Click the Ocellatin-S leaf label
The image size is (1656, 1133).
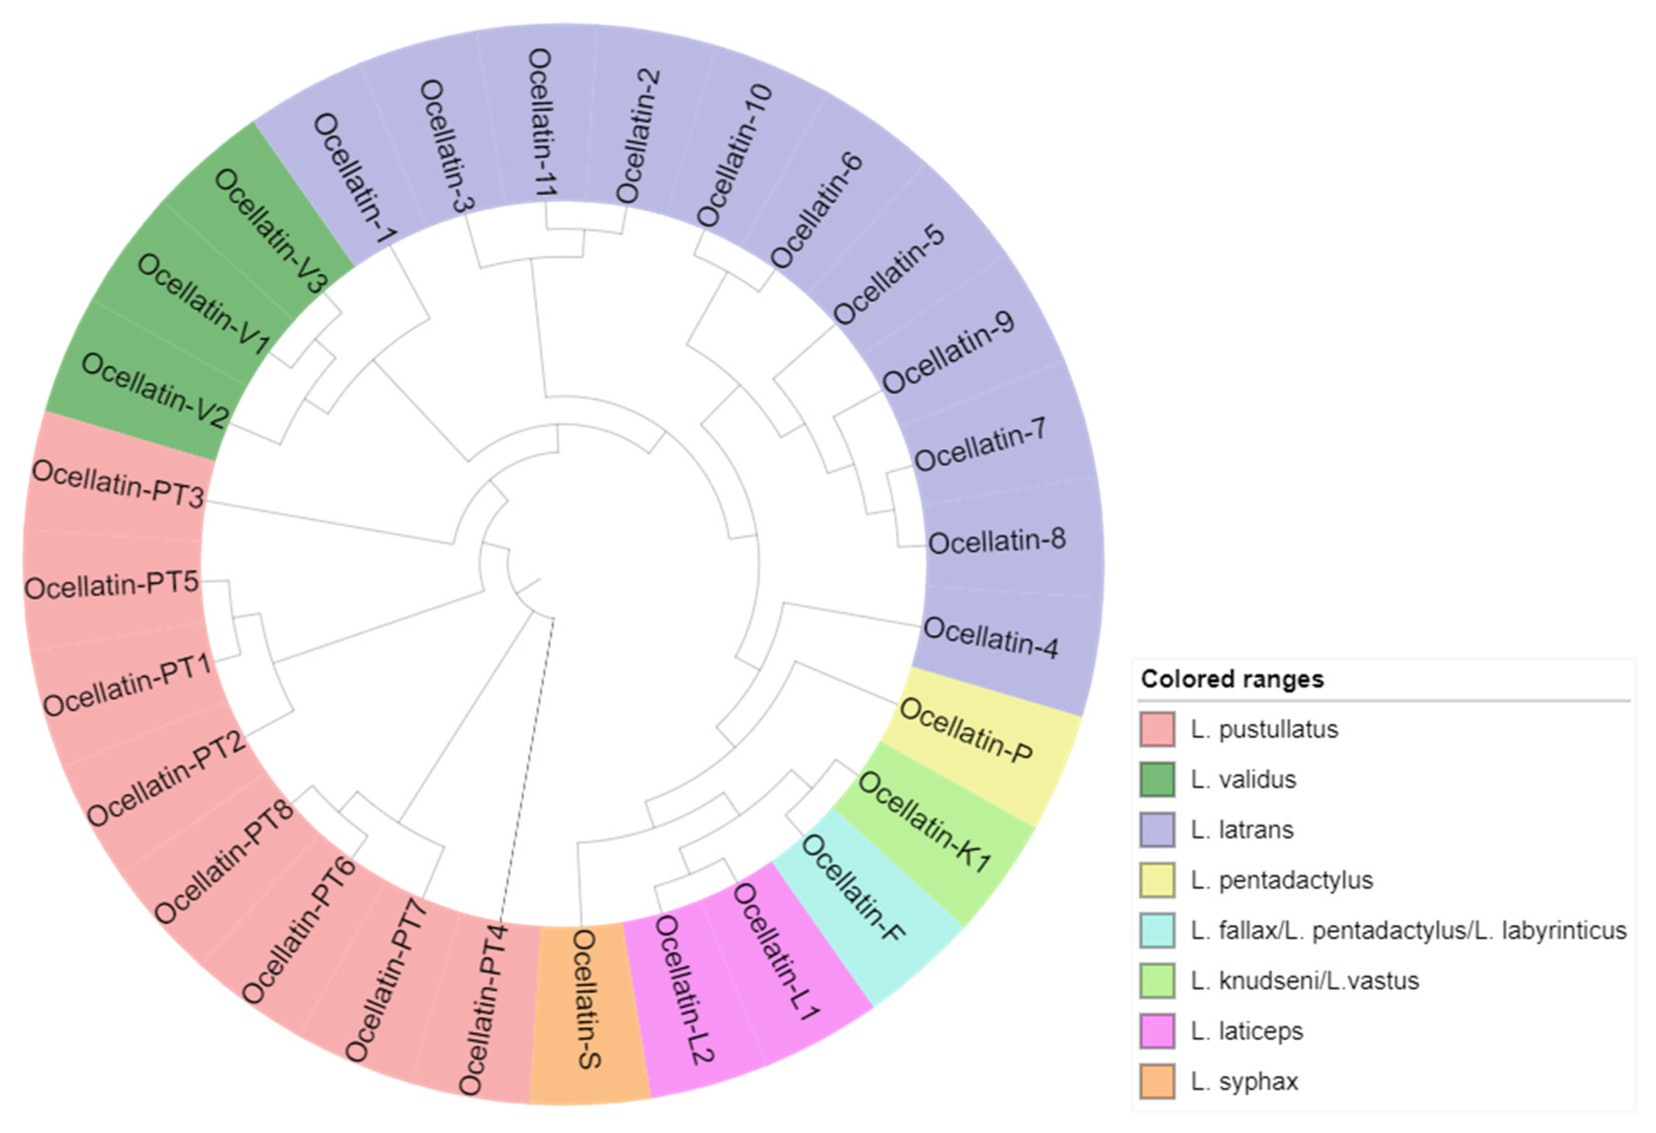coord(588,999)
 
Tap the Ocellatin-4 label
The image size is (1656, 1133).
coord(991,637)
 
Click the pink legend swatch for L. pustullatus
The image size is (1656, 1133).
coord(1157,729)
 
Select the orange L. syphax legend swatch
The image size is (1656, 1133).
coord(1157,1082)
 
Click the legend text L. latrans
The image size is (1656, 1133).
coord(1242,830)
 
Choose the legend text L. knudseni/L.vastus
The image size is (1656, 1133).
coord(1305,981)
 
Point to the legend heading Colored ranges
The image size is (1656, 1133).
coord(1232,679)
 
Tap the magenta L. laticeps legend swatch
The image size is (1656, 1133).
coord(1157,1031)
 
